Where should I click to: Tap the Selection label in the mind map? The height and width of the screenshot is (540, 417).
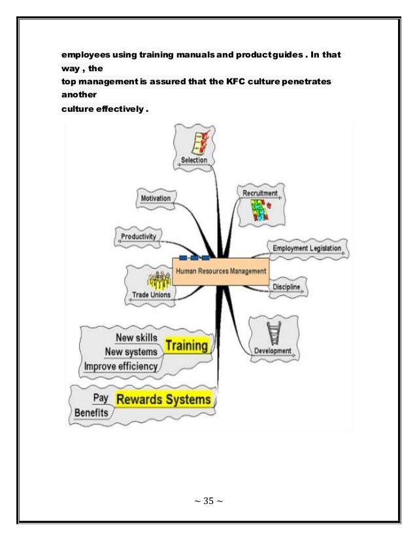194,160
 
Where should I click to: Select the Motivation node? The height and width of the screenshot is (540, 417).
155,198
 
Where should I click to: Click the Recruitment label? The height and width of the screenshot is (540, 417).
260,194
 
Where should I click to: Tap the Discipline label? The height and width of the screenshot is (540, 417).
286,286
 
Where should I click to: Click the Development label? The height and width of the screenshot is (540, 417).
273,350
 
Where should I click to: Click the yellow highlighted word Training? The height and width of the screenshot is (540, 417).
187,345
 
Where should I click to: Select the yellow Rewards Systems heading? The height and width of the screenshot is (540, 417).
163,399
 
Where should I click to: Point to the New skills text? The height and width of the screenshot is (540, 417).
136,337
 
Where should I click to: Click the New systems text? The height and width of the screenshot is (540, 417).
131,352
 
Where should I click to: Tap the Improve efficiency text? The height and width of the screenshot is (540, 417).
121,366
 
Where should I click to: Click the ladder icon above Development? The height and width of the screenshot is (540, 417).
271,333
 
